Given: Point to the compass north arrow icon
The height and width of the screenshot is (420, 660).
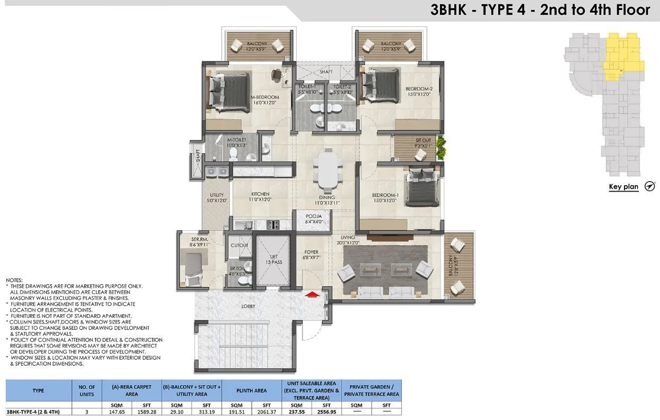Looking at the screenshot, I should click(x=650, y=186).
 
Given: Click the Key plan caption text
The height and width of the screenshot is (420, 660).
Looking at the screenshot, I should click(x=623, y=187).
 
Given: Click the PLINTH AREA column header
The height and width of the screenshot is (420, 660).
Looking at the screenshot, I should click(x=252, y=390).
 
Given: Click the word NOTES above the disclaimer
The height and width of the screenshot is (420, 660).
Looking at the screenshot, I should click(x=14, y=279).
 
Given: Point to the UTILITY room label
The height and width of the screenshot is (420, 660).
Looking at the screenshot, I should click(x=216, y=198).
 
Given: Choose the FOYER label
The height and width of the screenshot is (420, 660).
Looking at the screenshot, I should click(x=311, y=255).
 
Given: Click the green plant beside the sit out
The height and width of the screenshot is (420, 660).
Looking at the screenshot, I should click(x=440, y=149).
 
